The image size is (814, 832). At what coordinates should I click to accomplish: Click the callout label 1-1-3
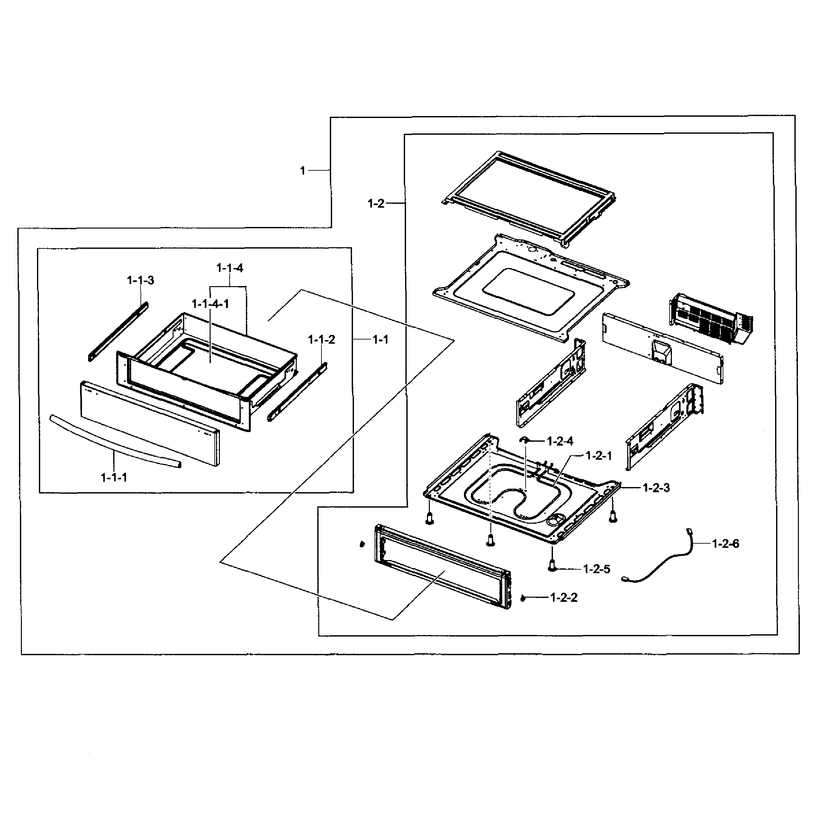click(140, 280)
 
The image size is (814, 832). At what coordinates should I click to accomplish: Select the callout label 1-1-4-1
click(210, 304)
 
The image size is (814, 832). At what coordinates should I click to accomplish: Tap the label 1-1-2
click(321, 339)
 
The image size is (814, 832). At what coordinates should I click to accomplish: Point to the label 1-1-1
click(114, 477)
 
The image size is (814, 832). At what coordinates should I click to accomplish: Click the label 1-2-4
click(560, 441)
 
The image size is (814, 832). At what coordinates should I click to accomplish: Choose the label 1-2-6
click(726, 544)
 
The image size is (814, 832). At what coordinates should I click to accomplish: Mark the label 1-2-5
click(597, 569)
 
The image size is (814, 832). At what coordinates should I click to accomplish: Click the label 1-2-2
click(564, 597)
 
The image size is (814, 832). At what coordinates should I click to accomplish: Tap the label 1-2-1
click(599, 456)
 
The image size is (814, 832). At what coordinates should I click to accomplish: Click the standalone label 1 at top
click(303, 171)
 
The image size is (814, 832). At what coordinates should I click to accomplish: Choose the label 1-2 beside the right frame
click(376, 203)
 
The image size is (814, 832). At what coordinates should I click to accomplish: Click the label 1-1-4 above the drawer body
click(230, 268)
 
